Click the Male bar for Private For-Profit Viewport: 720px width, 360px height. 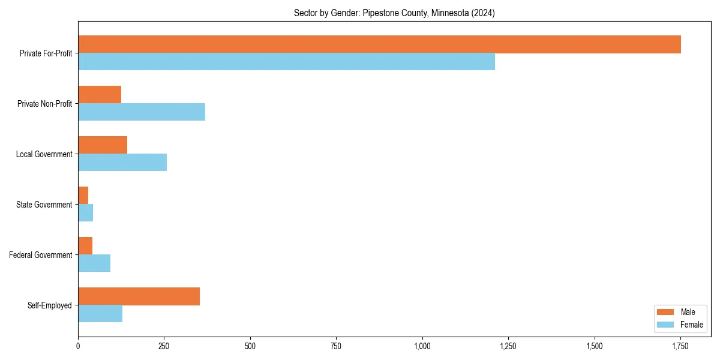pyautogui.click(x=379, y=44)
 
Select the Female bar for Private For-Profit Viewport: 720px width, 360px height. pyautogui.click(x=286, y=62)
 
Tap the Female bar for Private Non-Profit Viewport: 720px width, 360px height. pyautogui.click(x=142, y=112)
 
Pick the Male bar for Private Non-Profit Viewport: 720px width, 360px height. pyautogui.click(x=100, y=95)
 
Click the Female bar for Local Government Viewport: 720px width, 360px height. pyautogui.click(x=122, y=163)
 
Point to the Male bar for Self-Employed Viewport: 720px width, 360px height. pyautogui.click(x=139, y=296)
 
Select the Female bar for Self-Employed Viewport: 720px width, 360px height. pyautogui.click(x=100, y=314)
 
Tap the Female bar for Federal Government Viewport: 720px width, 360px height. pyautogui.click(x=94, y=263)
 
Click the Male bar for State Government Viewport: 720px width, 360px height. pyautogui.click(x=83, y=196)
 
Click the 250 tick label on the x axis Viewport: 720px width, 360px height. pyautogui.click(x=164, y=346)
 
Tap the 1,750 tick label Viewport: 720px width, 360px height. pyautogui.click(x=680, y=346)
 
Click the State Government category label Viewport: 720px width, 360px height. pyautogui.click(x=44, y=205)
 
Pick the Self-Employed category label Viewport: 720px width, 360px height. pyautogui.click(x=50, y=305)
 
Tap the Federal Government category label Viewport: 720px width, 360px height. pyautogui.click(x=41, y=255)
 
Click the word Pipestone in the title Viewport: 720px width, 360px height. pyautogui.click(x=380, y=13)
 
